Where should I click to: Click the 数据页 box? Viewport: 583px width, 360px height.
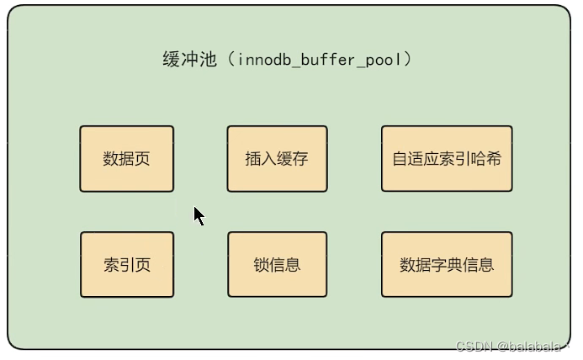pos(126,159)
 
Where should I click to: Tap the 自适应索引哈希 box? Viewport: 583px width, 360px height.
pos(447,159)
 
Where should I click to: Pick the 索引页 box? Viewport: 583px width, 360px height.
pos(126,265)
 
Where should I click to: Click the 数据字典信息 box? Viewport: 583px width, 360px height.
pos(447,265)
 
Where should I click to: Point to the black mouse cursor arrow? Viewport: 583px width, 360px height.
pos(199,215)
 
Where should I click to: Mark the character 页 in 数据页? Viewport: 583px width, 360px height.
pos(142,159)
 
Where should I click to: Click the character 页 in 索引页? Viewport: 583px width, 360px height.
pos(142,265)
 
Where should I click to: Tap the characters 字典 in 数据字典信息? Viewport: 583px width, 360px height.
pos(447,265)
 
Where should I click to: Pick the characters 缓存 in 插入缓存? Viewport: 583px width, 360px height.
pos(290,159)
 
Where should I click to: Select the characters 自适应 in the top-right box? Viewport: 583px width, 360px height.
pos(416,159)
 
